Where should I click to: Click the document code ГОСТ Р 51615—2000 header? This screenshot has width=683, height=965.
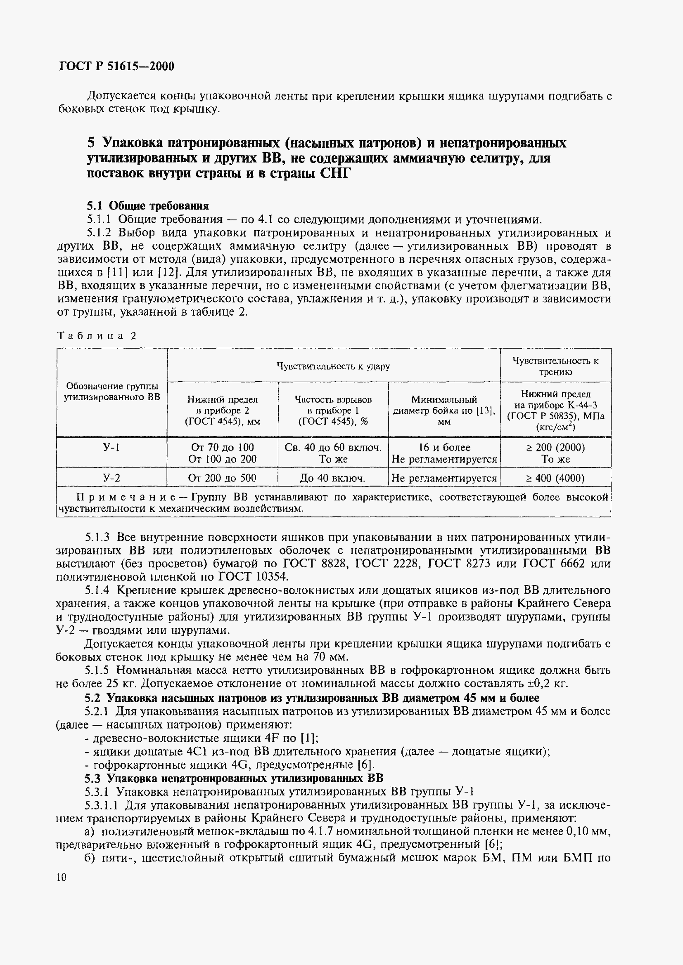tap(117, 66)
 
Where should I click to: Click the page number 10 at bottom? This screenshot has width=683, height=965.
tap(61, 878)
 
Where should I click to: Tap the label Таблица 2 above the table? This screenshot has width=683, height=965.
tap(97, 336)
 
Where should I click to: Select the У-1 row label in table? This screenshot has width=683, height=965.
tap(111, 448)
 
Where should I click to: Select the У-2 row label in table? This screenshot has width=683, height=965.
tap(111, 478)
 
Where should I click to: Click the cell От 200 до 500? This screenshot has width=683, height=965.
tap(223, 478)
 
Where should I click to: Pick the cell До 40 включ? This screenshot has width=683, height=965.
tap(333, 478)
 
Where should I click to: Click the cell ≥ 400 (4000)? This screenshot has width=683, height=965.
tap(555, 478)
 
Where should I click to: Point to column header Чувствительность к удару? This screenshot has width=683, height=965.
tap(333, 366)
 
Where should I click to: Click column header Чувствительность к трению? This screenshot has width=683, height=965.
tap(555, 366)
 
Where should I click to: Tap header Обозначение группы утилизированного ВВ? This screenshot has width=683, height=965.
tap(112, 392)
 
